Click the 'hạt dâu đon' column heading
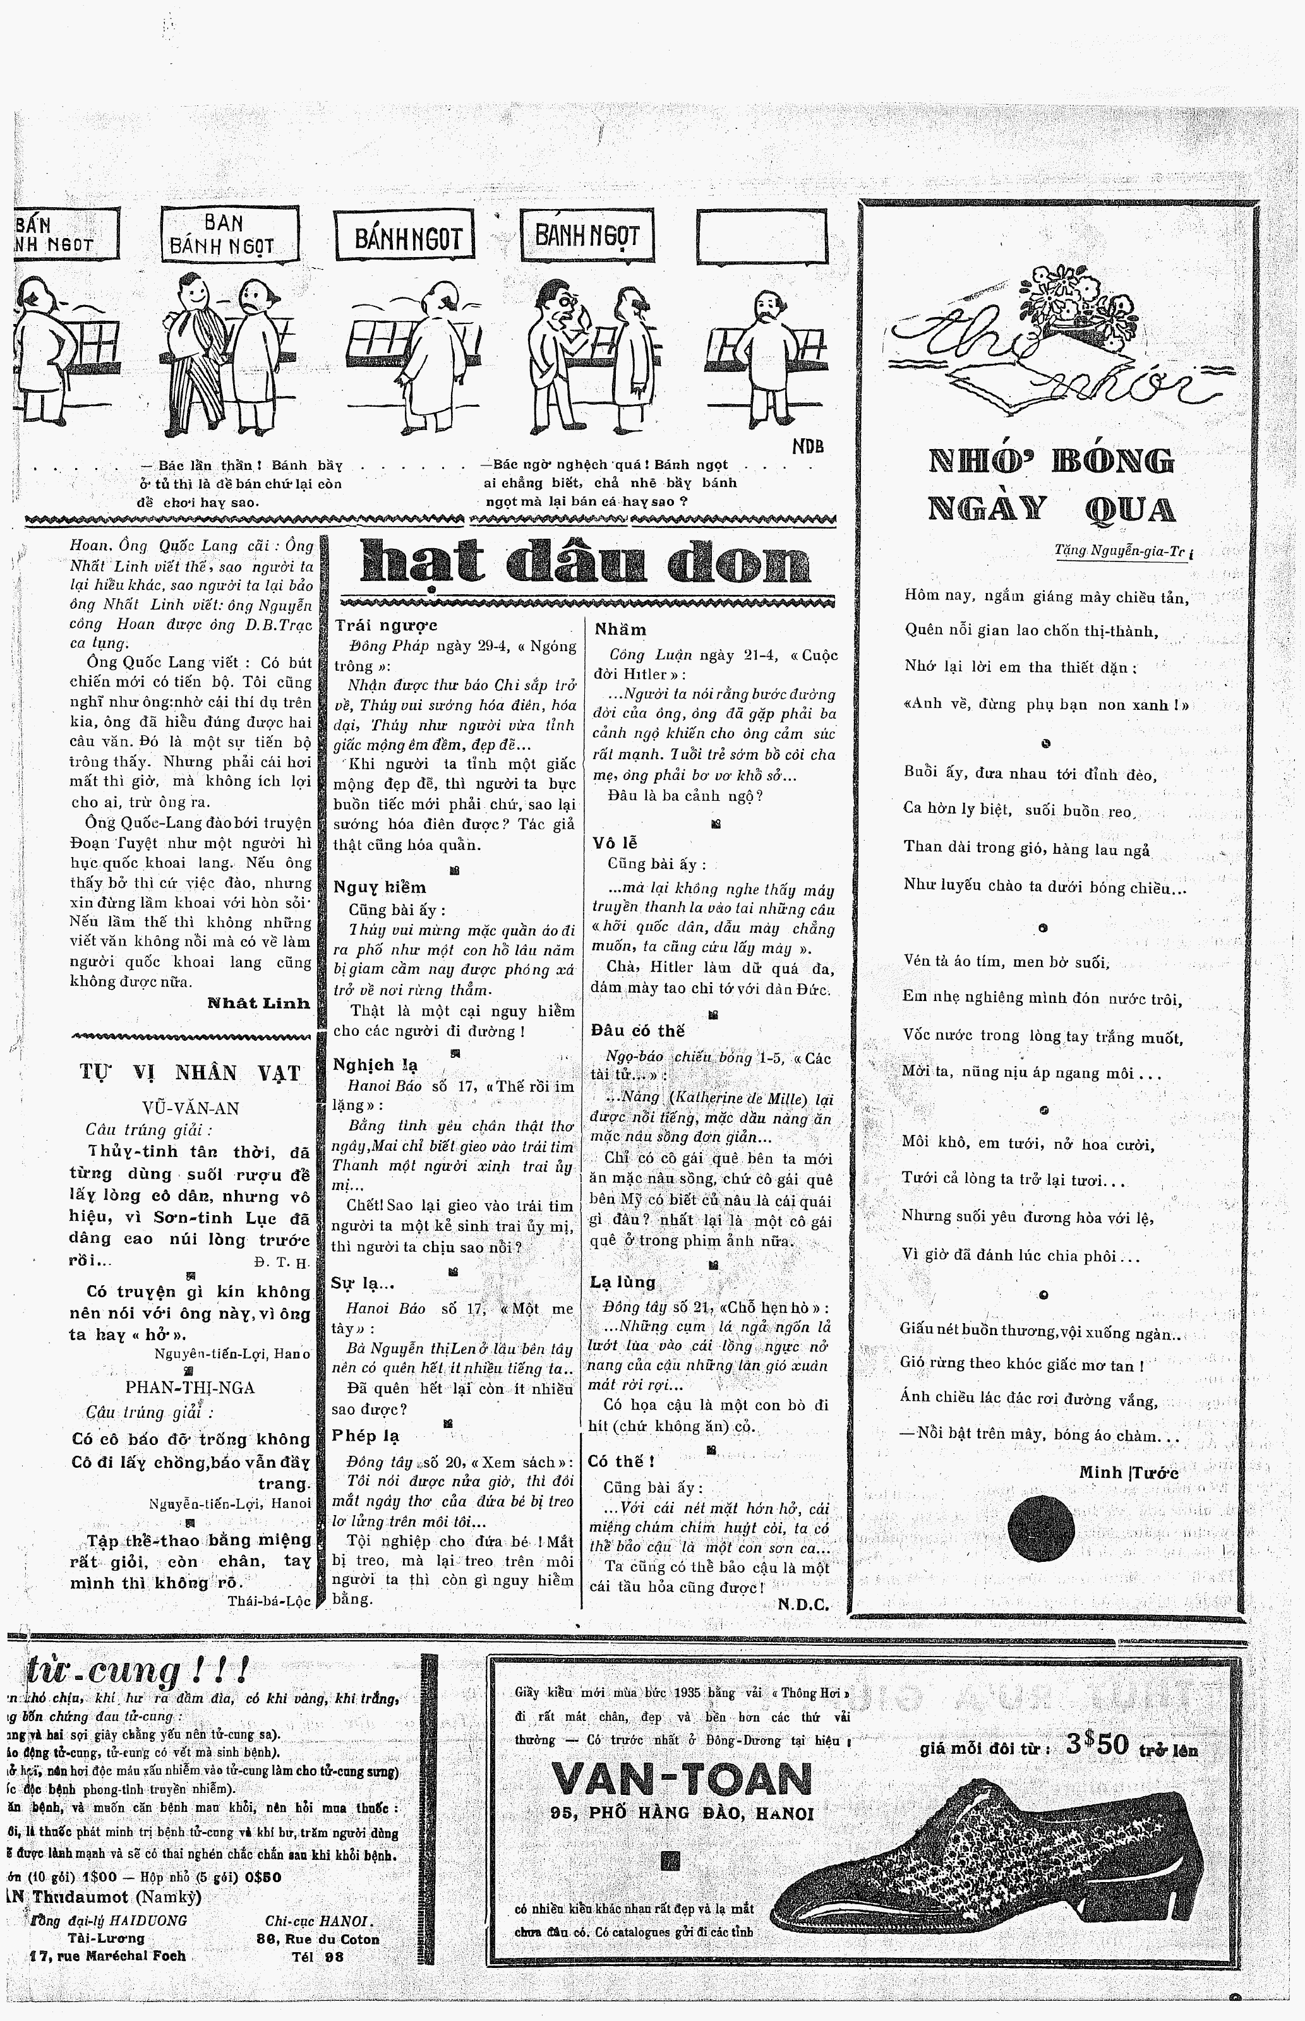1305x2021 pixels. coord(585,563)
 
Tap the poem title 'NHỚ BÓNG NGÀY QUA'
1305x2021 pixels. coord(1052,485)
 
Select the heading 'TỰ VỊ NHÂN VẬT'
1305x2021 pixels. coord(191,1073)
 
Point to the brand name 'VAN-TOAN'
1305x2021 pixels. coord(682,1780)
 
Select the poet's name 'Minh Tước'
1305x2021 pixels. coord(1128,1473)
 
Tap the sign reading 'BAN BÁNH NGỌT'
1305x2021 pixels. coord(229,236)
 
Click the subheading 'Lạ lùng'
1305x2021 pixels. coord(623,1281)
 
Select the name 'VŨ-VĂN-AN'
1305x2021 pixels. coord(191,1108)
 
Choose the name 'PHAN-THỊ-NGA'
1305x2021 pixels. coord(190,1388)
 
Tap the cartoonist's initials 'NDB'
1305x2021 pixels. coord(808,447)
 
